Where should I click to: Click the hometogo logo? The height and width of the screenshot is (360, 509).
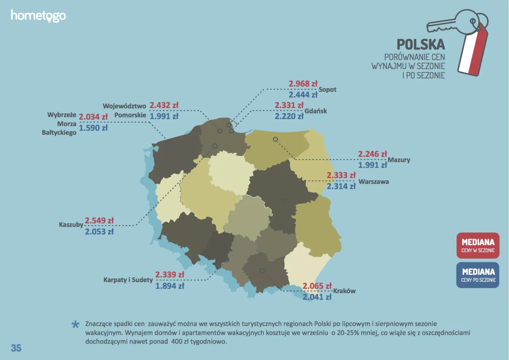click(x=38, y=16)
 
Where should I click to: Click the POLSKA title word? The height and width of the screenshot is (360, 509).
click(x=421, y=44)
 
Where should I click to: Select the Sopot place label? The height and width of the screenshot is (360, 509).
click(x=327, y=89)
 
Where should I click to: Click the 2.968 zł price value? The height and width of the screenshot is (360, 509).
click(x=303, y=84)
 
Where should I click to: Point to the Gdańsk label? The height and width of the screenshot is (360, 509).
click(x=316, y=111)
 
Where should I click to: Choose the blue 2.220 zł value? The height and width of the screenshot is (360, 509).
click(x=289, y=116)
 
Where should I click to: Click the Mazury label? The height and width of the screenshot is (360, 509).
click(x=399, y=160)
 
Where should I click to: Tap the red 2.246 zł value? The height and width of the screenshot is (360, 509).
click(x=372, y=154)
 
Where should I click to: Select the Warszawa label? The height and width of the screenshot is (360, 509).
click(x=373, y=181)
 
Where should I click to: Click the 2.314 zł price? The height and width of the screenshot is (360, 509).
click(x=341, y=186)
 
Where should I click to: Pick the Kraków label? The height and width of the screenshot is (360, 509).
click(x=344, y=291)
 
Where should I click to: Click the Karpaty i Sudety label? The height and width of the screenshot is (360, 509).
click(x=128, y=280)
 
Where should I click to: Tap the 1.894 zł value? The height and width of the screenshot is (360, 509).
click(x=169, y=286)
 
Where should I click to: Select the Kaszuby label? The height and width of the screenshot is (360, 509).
click(x=71, y=224)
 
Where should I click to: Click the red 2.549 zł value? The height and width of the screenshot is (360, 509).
click(x=99, y=220)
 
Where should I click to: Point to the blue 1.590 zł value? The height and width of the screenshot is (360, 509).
click(x=93, y=128)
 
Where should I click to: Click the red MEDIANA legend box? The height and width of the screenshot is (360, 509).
click(x=478, y=245)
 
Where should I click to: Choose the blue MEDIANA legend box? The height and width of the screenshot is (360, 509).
click(x=478, y=275)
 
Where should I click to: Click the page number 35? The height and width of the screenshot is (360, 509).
click(x=16, y=348)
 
